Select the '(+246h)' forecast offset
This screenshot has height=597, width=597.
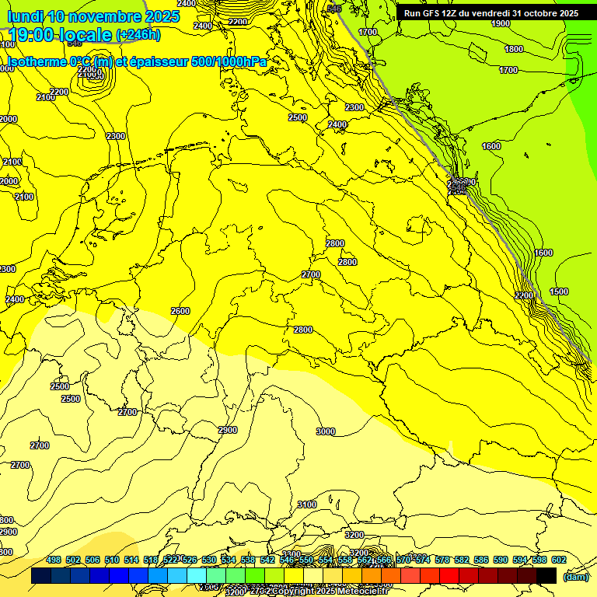(x=138, y=35)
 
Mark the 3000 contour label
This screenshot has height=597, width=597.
(x=326, y=431)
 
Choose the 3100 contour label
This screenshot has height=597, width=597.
(x=307, y=504)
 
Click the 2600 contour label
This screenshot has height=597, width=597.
(x=180, y=311)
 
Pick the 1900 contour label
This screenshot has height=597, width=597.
(x=501, y=24)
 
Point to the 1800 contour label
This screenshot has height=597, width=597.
(x=514, y=49)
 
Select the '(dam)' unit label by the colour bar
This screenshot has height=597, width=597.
(x=574, y=576)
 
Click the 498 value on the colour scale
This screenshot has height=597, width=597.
(x=54, y=560)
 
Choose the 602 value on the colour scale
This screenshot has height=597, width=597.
(x=558, y=560)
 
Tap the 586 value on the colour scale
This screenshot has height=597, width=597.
(x=480, y=560)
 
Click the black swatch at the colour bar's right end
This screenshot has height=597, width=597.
(x=546, y=575)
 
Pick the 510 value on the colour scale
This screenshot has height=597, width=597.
(x=112, y=560)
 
